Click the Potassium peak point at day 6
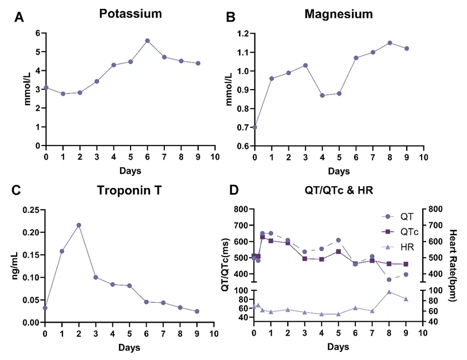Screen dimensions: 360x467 pos(147,40)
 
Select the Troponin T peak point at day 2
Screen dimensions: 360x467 pos(79,225)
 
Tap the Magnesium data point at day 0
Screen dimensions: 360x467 pos(255,127)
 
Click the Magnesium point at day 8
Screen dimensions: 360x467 pos(390,43)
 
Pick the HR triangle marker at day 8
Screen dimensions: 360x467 pos(390,291)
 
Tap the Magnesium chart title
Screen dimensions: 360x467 pos(339,14)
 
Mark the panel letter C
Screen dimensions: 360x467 pos(16,191)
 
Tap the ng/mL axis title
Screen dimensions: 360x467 pos(12,265)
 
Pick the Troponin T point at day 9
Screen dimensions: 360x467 pos(197,311)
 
